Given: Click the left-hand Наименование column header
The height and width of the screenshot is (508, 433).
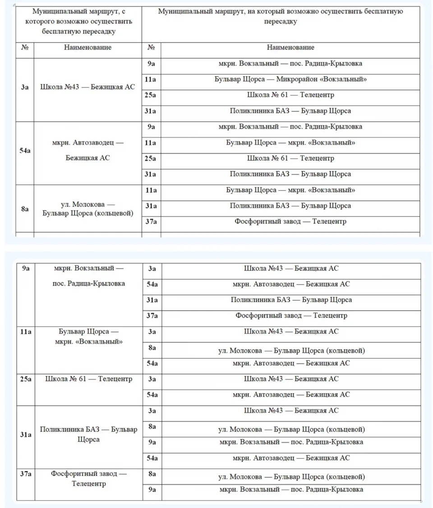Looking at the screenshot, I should (x=88, y=47).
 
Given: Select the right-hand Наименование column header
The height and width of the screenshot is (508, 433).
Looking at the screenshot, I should (x=290, y=47).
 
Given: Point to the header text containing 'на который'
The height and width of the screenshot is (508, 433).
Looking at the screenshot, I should (x=281, y=16).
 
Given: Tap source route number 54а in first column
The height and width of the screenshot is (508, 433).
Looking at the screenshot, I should (x=25, y=150).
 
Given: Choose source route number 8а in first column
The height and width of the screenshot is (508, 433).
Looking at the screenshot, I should (x=25, y=209).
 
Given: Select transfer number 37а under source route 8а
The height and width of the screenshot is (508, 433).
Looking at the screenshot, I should (x=151, y=222).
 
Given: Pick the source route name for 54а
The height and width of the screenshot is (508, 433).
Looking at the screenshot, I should (x=88, y=150).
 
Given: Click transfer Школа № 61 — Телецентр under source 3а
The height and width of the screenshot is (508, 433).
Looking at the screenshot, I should (x=290, y=95).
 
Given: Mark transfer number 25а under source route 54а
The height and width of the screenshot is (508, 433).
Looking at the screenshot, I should (x=151, y=158).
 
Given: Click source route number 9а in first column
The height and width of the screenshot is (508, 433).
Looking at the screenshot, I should (x=26, y=268).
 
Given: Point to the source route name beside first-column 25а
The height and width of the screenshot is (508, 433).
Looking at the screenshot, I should (x=89, y=379).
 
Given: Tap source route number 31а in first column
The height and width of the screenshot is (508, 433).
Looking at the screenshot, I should (x=26, y=435).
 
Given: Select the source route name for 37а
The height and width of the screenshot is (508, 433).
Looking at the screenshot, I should (x=89, y=479).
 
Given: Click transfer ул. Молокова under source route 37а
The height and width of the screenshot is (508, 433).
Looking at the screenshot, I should (x=291, y=477).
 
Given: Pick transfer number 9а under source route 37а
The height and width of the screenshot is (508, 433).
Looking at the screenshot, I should (x=152, y=489).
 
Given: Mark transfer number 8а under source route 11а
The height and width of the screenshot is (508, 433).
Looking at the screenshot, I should (x=152, y=348).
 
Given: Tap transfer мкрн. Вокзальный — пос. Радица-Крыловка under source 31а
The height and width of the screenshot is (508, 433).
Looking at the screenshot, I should (x=291, y=442).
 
